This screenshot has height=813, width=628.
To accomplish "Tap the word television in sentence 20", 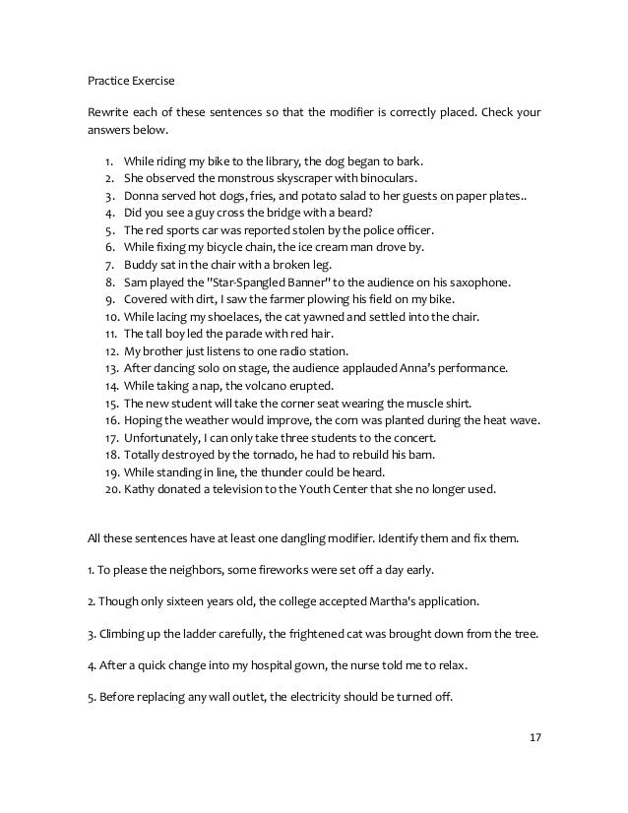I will (240, 489).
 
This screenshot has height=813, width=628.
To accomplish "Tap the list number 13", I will (109, 368).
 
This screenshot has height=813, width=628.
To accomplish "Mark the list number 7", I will (108, 265).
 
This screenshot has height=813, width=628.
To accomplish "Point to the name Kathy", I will (141, 489).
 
